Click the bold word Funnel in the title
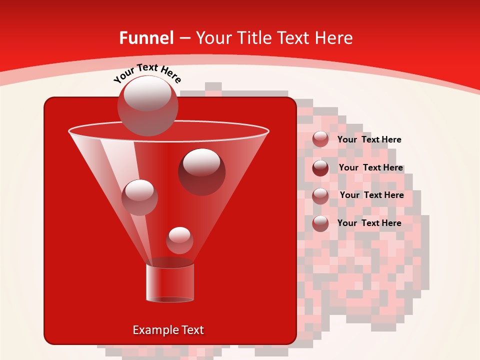click(146, 38)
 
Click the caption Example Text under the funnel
click(168, 330)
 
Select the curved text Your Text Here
click(147, 72)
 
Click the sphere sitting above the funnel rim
click(147, 105)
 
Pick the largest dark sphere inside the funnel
click(202, 171)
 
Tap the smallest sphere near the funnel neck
click(179, 240)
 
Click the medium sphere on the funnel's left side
click(139, 197)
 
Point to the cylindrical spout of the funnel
click(169, 282)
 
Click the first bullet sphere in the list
click(320, 139)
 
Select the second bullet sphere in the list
click(320, 167)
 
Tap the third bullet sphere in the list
click(320, 195)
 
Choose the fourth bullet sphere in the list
click(320, 223)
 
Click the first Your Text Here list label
click(369, 139)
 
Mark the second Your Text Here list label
click(370, 167)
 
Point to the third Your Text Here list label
click(371, 195)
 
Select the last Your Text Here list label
click(369, 223)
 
